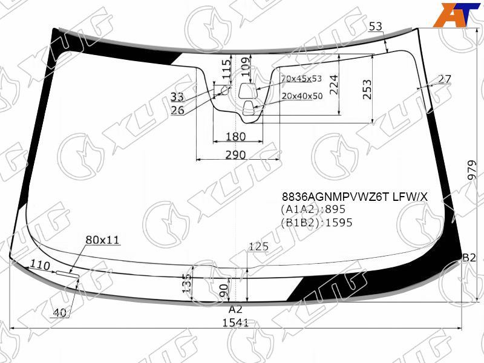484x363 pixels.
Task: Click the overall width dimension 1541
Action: tap(235, 323)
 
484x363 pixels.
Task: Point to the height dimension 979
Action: tap(472, 170)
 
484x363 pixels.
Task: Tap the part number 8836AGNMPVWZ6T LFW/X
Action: tap(355, 197)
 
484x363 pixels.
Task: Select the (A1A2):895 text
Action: tap(313, 209)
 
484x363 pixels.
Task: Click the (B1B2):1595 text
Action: tap(316, 223)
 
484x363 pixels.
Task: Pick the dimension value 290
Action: tap(235, 155)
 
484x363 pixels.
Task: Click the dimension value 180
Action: tap(235, 137)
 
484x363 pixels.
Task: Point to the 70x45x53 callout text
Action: tap(301, 79)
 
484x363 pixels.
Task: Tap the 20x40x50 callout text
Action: tap(302, 96)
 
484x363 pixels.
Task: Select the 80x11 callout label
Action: tap(102, 240)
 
